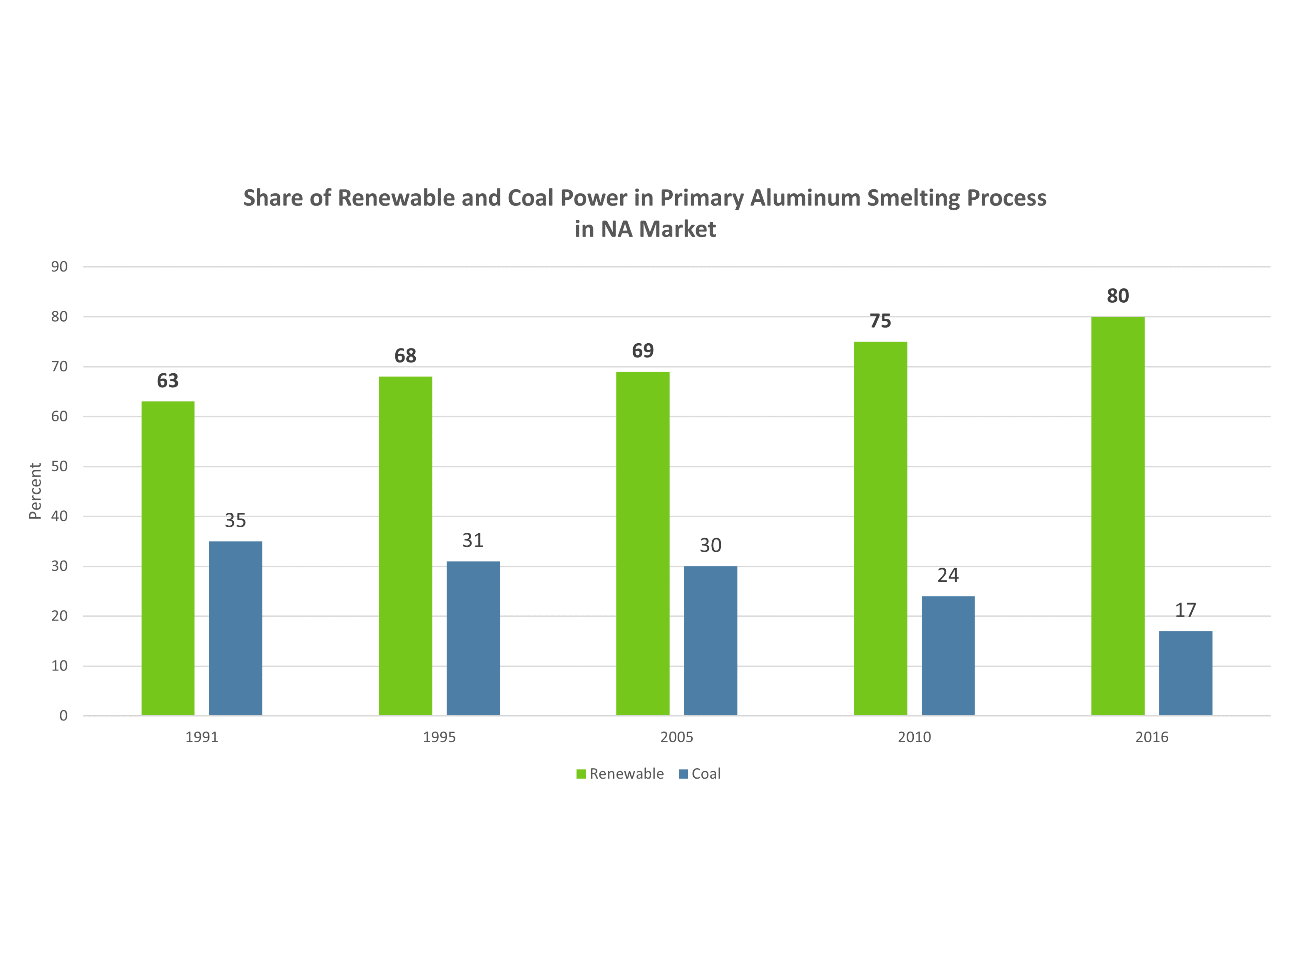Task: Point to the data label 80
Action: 1118,296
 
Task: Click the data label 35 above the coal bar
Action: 235,520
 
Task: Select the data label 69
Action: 643,351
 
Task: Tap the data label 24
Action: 948,575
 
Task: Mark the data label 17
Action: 1185,610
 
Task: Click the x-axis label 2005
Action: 676,737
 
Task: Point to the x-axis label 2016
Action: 1152,737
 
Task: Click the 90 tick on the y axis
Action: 59,267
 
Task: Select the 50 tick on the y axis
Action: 59,466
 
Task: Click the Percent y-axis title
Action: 35,491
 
